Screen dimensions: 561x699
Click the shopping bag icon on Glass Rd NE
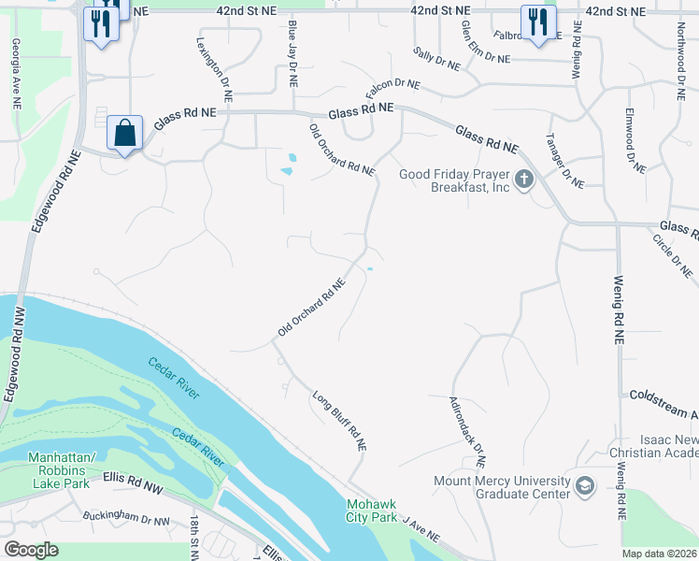(x=124, y=134)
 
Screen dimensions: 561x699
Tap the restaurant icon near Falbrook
(x=537, y=24)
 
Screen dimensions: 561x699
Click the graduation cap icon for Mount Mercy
(x=585, y=487)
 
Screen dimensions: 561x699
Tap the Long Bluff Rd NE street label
(x=338, y=421)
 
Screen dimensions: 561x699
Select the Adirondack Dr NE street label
(x=467, y=430)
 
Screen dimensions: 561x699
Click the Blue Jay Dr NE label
(x=292, y=53)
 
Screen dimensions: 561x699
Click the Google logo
(x=31, y=550)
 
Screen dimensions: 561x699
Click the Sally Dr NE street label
(x=436, y=60)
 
